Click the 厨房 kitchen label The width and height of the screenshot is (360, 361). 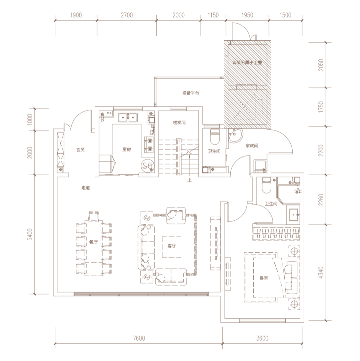pyautogui.click(x=127, y=150)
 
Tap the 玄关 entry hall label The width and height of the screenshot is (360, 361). pyautogui.click(x=81, y=150)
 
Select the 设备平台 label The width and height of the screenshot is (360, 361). pyautogui.click(x=191, y=93)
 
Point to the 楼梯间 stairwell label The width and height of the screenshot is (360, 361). pyautogui.click(x=179, y=123)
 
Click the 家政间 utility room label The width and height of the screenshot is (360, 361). pyautogui.click(x=252, y=146)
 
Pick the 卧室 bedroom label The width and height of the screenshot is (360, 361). pyautogui.click(x=264, y=278)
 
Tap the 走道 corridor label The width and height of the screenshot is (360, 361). pyautogui.click(x=86, y=188)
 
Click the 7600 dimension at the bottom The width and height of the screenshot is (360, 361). pyautogui.click(x=139, y=338)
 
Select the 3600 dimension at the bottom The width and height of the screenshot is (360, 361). pyautogui.click(x=262, y=338)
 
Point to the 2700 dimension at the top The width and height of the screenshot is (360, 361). pyautogui.click(x=127, y=15)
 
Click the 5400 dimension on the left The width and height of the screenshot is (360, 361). pyautogui.click(x=30, y=234)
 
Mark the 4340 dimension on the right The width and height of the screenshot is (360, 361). pyautogui.click(x=321, y=272)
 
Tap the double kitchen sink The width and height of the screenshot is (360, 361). pyautogui.click(x=128, y=117)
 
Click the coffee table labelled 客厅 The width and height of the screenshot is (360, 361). pyautogui.click(x=171, y=247)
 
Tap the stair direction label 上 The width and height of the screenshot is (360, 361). pyautogui.click(x=189, y=180)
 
